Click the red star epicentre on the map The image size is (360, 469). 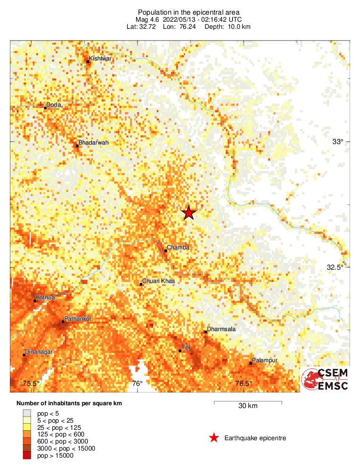coord(189,213)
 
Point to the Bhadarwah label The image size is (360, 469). coord(94,142)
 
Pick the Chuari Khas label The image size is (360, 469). coord(158,281)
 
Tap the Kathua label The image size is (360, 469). coord(45,298)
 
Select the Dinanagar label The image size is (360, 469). coord(39,352)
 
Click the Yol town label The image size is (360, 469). coord(186,348)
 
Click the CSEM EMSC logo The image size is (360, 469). coord(325,380)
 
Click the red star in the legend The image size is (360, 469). coord(214,438)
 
